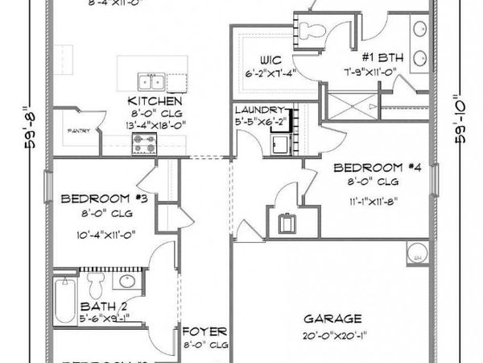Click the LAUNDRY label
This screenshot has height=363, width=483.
[x=259, y=110]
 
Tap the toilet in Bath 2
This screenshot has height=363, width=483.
[x=97, y=283]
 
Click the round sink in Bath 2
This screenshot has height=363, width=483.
[x=127, y=282]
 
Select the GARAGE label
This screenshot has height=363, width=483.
[x=332, y=318]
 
